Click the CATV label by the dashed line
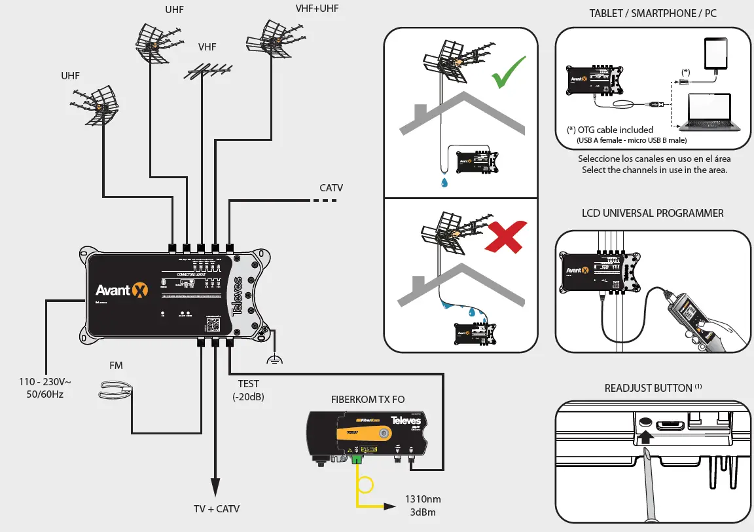(331, 188)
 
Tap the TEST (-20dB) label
(249, 390)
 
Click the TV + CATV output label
(216, 508)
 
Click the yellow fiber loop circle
(363, 485)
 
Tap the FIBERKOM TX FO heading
(368, 401)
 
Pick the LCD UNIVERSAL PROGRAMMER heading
(653, 213)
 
